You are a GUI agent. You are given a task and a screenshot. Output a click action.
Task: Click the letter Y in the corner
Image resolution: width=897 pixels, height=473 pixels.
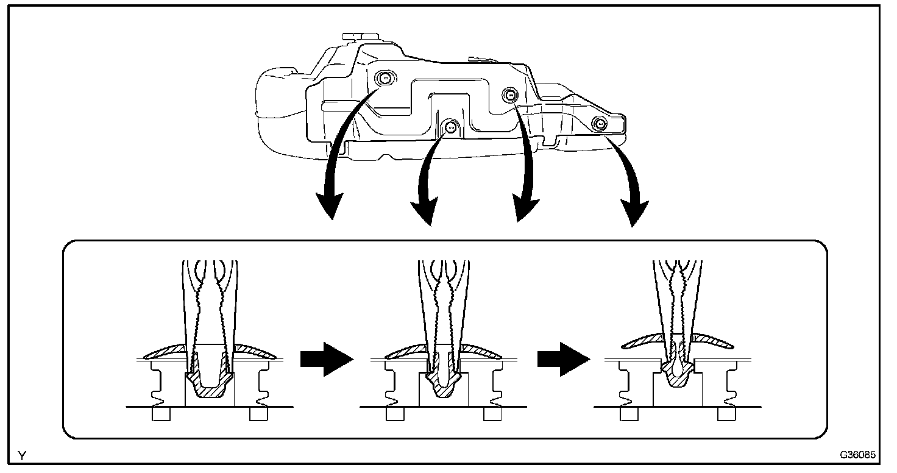click(23, 455)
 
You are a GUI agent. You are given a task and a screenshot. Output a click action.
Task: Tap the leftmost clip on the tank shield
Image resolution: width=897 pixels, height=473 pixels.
click(384, 78)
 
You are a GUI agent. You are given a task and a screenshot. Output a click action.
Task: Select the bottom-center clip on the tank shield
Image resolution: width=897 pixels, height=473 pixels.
click(450, 127)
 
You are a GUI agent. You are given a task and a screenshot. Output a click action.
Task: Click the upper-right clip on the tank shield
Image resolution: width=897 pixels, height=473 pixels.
click(509, 93)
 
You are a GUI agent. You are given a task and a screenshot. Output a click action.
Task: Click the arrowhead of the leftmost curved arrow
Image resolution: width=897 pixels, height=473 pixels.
click(331, 207)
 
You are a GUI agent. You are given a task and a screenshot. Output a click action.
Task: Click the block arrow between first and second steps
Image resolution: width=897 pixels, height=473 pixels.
click(327, 360)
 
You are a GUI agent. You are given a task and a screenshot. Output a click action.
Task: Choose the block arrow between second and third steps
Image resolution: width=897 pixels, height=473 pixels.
click(564, 360)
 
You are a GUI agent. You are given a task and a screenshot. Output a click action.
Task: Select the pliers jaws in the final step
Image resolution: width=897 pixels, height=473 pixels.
click(677, 317)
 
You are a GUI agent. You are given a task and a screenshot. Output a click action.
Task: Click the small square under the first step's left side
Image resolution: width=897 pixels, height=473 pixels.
click(161, 414)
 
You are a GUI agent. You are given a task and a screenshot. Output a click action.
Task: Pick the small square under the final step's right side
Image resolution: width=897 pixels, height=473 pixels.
click(726, 414)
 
